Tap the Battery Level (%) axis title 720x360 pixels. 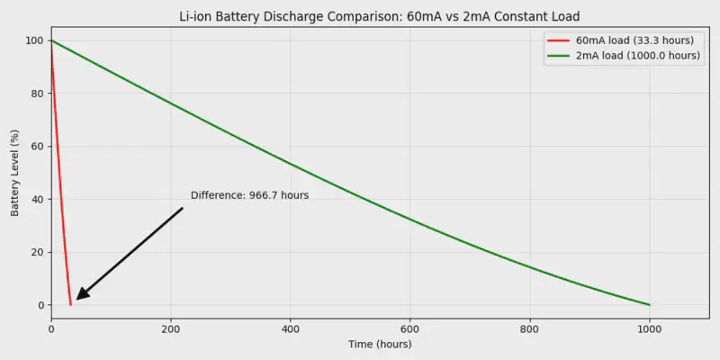tap(14, 173)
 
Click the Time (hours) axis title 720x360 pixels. tap(379, 345)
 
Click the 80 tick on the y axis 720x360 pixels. tap(39, 94)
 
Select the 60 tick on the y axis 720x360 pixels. tap(39, 147)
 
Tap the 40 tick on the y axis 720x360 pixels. tap(39, 199)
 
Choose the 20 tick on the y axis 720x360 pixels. tap(39, 252)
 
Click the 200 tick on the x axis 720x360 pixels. tap(171, 328)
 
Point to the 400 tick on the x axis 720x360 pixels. tap(291, 328)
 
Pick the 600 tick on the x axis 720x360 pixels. tap(410, 328)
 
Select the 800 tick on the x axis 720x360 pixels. tap(530, 328)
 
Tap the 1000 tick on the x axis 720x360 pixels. tap(649, 328)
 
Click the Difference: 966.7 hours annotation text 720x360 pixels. tap(249, 195)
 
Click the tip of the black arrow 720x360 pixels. tap(76, 299)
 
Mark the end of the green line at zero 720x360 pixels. tap(649, 305)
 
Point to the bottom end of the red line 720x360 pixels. tap(71, 305)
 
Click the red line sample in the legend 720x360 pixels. tap(560, 41)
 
